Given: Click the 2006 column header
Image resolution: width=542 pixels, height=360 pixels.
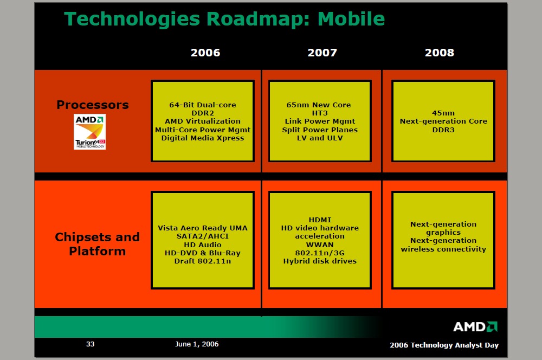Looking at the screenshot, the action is [205, 53].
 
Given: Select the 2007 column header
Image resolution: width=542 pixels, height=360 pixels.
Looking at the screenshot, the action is [322, 53].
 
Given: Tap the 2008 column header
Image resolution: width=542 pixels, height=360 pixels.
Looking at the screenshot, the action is [440, 53].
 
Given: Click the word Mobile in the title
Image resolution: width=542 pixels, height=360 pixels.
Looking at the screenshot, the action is [351, 18].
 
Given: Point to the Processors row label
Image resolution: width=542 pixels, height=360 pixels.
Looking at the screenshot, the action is [93, 105].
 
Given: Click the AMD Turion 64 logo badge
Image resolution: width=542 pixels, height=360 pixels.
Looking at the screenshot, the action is [89, 132].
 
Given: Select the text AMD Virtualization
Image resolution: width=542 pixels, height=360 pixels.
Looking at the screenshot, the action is [203, 121].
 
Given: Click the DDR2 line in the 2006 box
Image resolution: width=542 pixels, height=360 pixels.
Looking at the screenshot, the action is [203, 113].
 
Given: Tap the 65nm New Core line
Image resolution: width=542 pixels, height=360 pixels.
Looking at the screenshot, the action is [319, 105].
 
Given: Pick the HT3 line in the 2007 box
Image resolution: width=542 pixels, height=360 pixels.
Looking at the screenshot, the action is [320, 113].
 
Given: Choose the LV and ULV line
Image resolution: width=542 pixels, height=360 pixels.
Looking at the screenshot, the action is [320, 138].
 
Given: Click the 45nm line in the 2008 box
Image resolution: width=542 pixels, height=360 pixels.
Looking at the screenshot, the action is [443, 113].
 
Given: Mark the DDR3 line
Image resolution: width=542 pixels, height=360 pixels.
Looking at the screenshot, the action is [443, 130].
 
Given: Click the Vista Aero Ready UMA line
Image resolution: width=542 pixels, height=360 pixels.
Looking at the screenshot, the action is [203, 228].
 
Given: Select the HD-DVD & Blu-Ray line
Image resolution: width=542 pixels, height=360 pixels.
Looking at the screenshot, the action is [203, 253].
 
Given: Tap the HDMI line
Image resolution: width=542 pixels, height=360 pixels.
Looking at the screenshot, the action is [320, 220].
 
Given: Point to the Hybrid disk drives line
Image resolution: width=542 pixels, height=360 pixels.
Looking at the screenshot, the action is [320, 261].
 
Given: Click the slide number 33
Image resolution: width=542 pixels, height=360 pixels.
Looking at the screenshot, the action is [90, 344].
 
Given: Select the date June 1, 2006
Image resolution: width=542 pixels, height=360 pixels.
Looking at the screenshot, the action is [197, 344].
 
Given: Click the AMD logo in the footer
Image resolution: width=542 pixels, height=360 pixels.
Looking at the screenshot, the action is [475, 327].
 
